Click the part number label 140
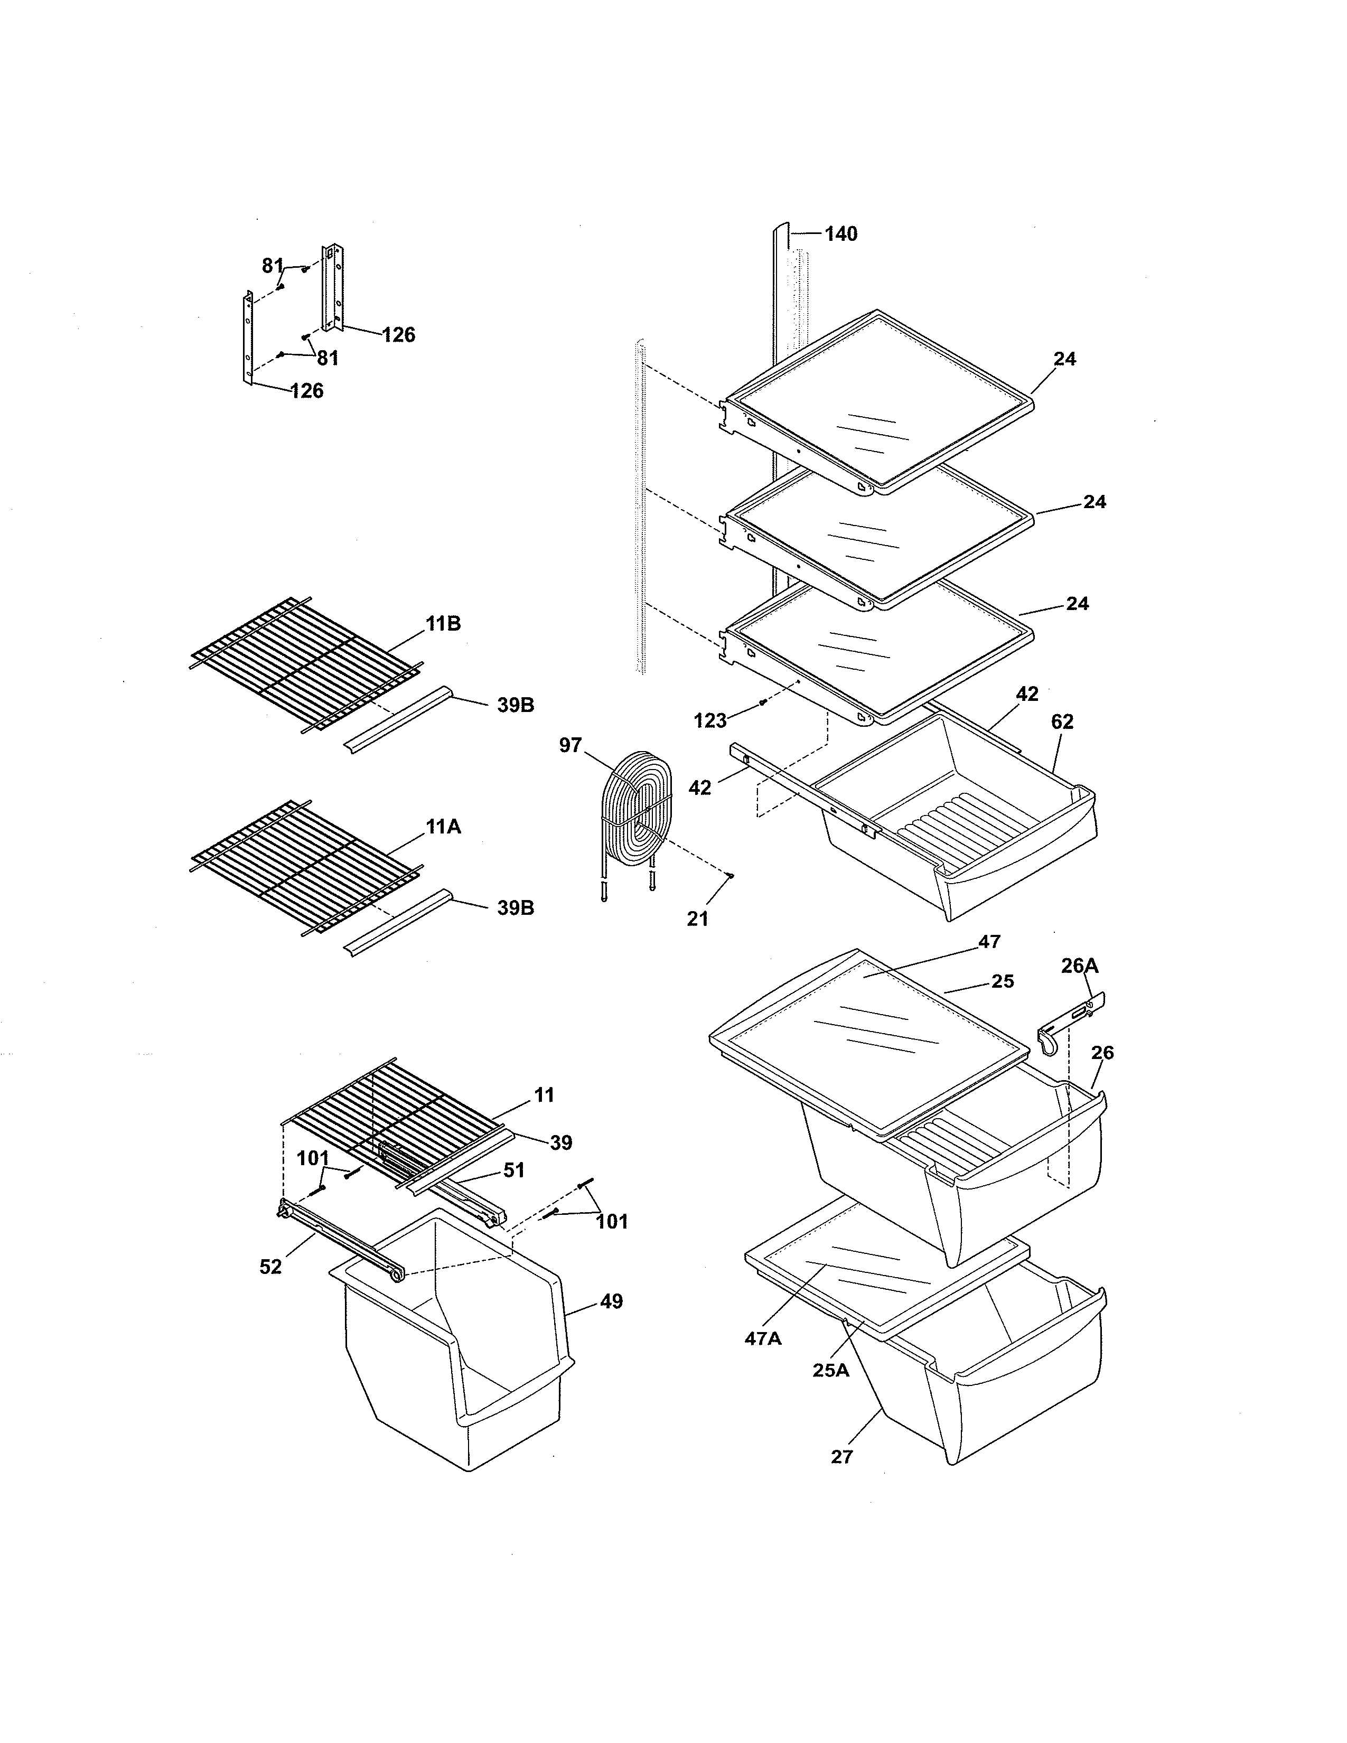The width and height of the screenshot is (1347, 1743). click(x=840, y=234)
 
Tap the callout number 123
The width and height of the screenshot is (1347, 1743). click(x=709, y=721)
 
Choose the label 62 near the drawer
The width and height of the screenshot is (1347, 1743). click(x=1062, y=721)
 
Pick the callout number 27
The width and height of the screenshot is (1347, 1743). click(x=842, y=1457)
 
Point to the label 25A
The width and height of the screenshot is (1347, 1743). click(x=831, y=1370)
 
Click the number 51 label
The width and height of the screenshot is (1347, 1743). click(x=514, y=1170)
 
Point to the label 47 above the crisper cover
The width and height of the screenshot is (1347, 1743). click(x=989, y=942)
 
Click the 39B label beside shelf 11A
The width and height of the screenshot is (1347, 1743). click(x=516, y=908)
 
